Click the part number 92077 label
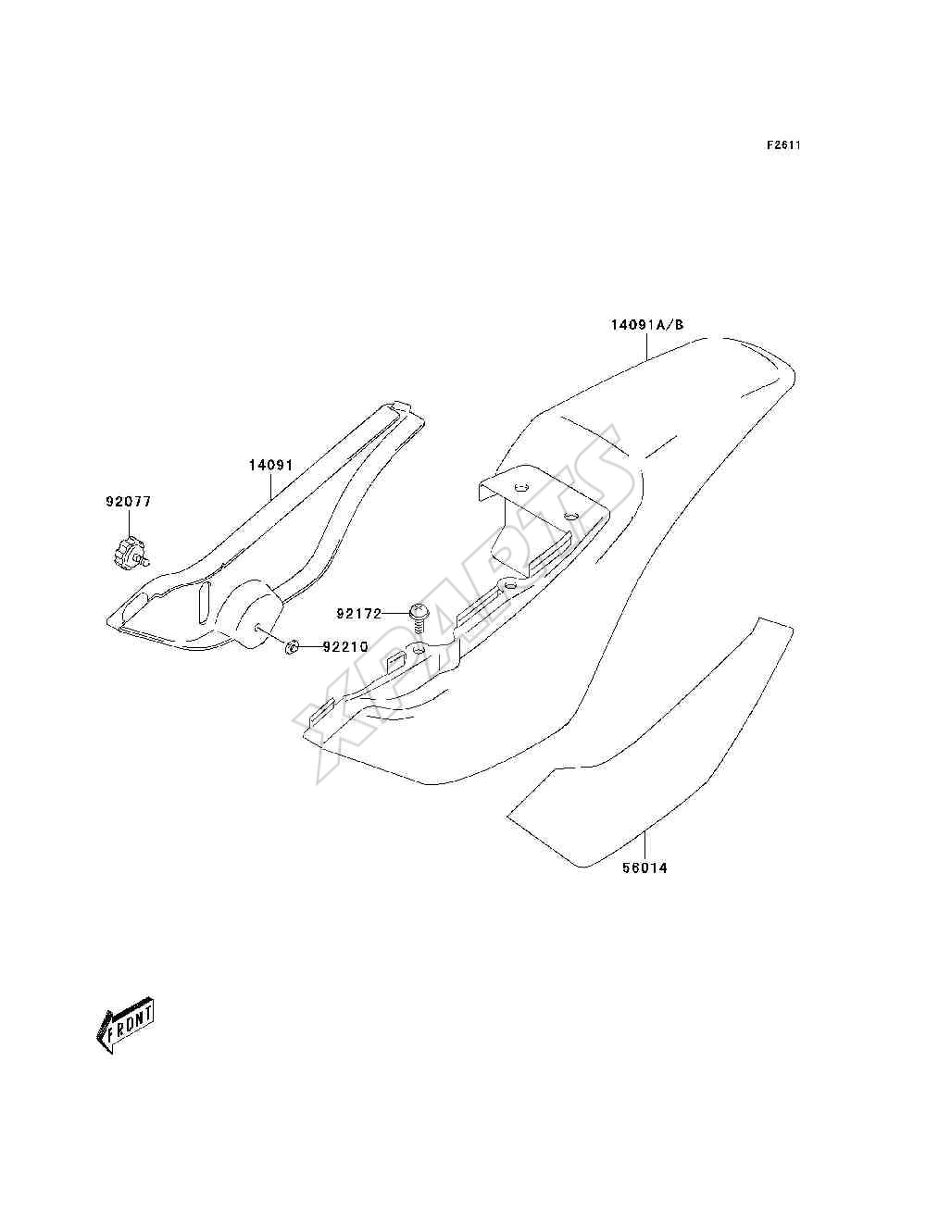click(128, 502)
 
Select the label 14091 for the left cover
click(270, 465)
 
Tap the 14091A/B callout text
click(646, 324)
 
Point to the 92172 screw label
click(359, 613)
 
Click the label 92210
click(344, 646)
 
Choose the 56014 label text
click(645, 868)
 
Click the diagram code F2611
click(783, 145)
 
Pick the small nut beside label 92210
click(293, 646)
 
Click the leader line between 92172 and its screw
click(395, 613)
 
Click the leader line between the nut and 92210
click(311, 646)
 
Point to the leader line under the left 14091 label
click(270, 485)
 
